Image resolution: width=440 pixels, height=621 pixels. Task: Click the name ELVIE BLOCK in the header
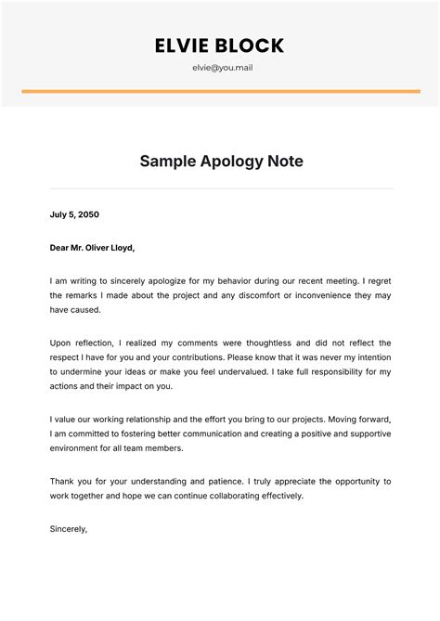219,45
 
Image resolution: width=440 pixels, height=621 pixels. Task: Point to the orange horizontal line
219,91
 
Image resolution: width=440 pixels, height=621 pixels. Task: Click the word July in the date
58,214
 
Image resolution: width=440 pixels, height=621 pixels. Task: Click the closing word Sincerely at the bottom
68,528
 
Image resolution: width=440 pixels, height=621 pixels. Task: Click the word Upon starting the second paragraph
62,343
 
